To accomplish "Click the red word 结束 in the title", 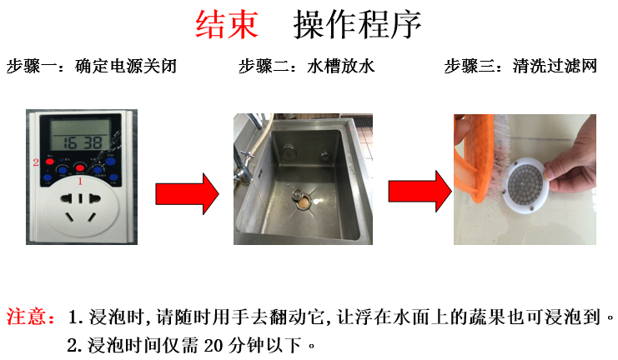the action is click(227, 24).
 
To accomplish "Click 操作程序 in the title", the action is click(357, 24).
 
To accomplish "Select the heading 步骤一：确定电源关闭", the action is click(92, 66).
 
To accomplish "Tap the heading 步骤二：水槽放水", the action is click(307, 66).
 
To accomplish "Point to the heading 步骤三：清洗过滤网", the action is click(520, 66).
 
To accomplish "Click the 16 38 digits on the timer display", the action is click(83, 142).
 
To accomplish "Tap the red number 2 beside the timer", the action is click(36, 162).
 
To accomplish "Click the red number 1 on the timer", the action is click(80, 181).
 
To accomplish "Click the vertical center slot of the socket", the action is click(80, 198).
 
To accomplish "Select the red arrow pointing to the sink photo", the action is click(187, 194).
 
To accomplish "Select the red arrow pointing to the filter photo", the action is click(420, 192).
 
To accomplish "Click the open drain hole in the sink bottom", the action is click(303, 202).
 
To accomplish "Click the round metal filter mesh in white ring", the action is click(525, 184).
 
